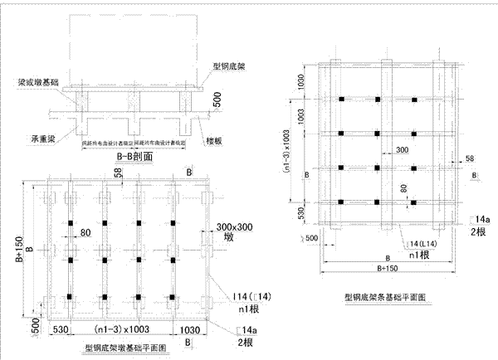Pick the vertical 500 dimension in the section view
[216, 99]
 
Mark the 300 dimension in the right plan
[378, 150]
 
